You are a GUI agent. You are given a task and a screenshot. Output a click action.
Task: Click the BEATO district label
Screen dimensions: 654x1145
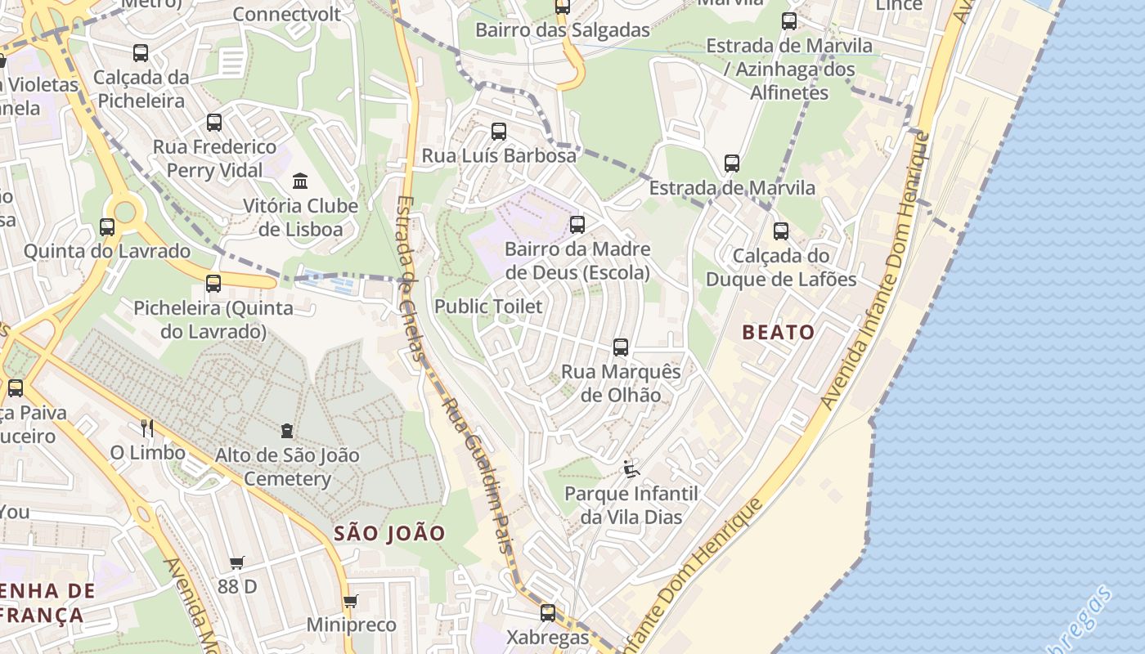pyautogui.click(x=779, y=332)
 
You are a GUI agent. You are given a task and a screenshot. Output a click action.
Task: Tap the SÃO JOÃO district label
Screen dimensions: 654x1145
pyautogui.click(x=390, y=534)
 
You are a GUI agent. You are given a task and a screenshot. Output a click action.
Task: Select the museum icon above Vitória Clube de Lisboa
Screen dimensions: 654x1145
pyautogui.click(x=300, y=181)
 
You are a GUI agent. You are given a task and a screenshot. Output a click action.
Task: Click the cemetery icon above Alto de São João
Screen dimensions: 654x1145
pyautogui.click(x=287, y=430)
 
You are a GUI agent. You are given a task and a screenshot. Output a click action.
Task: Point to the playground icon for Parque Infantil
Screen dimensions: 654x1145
pyautogui.click(x=631, y=468)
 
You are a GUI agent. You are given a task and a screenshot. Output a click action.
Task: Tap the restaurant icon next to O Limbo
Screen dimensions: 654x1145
pyautogui.click(x=147, y=428)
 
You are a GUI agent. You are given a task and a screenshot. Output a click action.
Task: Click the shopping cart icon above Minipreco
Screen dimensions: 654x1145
pyautogui.click(x=351, y=602)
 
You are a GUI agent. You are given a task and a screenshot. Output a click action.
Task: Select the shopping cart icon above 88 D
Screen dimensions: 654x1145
pyautogui.click(x=237, y=562)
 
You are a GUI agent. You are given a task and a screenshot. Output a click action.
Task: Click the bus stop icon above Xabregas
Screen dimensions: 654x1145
pyautogui.click(x=548, y=612)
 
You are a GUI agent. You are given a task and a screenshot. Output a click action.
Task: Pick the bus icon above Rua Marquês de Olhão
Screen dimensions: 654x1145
pyautogui.click(x=621, y=347)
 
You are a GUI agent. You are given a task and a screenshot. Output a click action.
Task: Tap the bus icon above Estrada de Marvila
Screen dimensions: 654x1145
pyautogui.click(x=732, y=163)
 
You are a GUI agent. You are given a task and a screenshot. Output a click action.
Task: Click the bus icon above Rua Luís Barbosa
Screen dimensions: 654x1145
pyautogui.click(x=499, y=131)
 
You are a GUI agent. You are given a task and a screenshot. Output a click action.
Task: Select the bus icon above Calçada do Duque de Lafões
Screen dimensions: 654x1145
pyautogui.click(x=781, y=231)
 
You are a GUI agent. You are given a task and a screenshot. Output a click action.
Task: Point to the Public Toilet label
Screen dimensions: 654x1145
pyautogui.click(x=488, y=307)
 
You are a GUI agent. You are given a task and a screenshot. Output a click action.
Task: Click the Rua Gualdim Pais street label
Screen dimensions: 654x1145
pyautogui.click(x=477, y=474)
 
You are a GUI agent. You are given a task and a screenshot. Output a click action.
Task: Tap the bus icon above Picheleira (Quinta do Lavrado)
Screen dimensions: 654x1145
pyautogui.click(x=213, y=284)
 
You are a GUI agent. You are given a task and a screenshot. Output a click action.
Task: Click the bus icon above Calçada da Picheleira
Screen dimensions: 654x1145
pyautogui.click(x=141, y=53)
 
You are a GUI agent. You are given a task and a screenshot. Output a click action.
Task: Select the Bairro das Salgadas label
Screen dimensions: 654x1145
pyautogui.click(x=563, y=30)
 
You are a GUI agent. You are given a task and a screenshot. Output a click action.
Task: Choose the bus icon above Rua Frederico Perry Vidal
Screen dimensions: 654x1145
pyautogui.click(x=214, y=123)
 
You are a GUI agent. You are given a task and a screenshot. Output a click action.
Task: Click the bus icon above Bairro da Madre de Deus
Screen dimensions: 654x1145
pyautogui.click(x=577, y=224)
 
